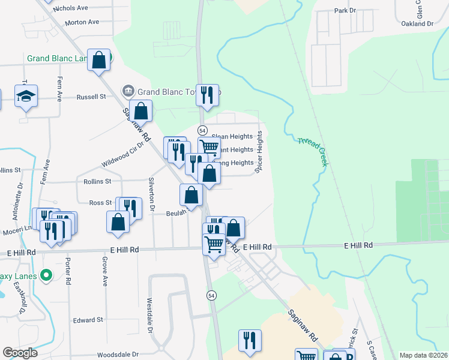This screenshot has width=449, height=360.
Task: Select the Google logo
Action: (x=20, y=353)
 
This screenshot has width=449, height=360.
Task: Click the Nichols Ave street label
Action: (x=70, y=8)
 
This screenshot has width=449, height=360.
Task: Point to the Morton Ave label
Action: (x=82, y=22)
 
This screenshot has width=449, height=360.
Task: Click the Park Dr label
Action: (x=345, y=11)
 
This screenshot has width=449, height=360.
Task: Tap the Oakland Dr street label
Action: (x=417, y=24)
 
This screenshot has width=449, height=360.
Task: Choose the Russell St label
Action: (x=91, y=96)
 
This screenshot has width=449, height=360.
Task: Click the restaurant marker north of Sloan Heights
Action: (x=207, y=95)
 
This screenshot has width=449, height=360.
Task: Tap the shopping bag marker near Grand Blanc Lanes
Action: (x=99, y=60)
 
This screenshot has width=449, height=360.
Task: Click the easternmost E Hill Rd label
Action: (x=358, y=245)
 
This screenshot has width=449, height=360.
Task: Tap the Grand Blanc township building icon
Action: (x=128, y=92)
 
